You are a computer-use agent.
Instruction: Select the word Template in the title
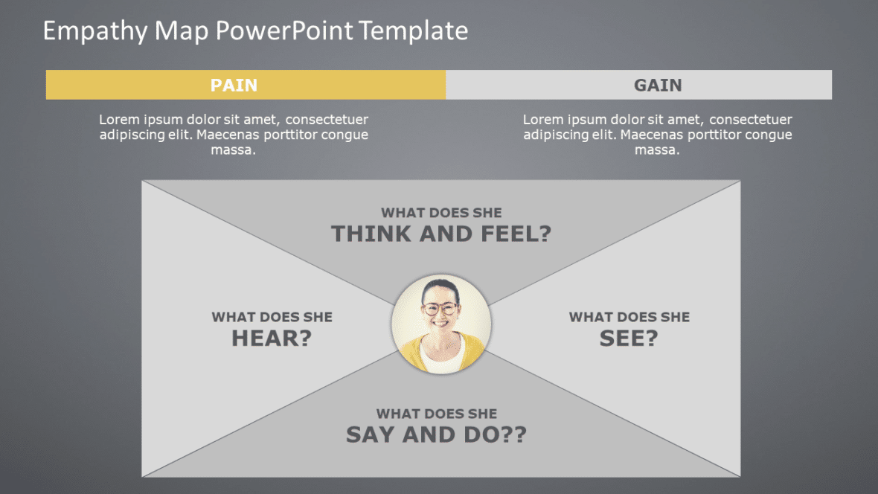coord(413,31)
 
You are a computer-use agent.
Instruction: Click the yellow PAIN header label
coord(234,85)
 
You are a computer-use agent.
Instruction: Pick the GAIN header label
coord(658,85)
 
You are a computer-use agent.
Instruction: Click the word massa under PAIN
coord(234,150)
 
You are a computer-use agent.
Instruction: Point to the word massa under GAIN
coord(657,150)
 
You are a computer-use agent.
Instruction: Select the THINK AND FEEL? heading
coord(441,234)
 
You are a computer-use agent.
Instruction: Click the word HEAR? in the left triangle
coord(272,339)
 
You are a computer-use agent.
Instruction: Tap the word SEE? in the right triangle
coord(629,339)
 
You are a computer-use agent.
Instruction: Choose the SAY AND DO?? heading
coord(436,434)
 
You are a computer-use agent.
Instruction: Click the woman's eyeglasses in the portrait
coord(440,308)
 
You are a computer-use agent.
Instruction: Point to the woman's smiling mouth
coord(440,323)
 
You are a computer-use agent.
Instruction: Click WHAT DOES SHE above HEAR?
coord(272,317)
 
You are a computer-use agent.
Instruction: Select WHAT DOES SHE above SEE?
coord(629,317)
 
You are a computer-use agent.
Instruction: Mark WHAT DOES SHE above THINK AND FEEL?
coord(441,213)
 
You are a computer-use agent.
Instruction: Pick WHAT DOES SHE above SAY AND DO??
coord(436,414)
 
